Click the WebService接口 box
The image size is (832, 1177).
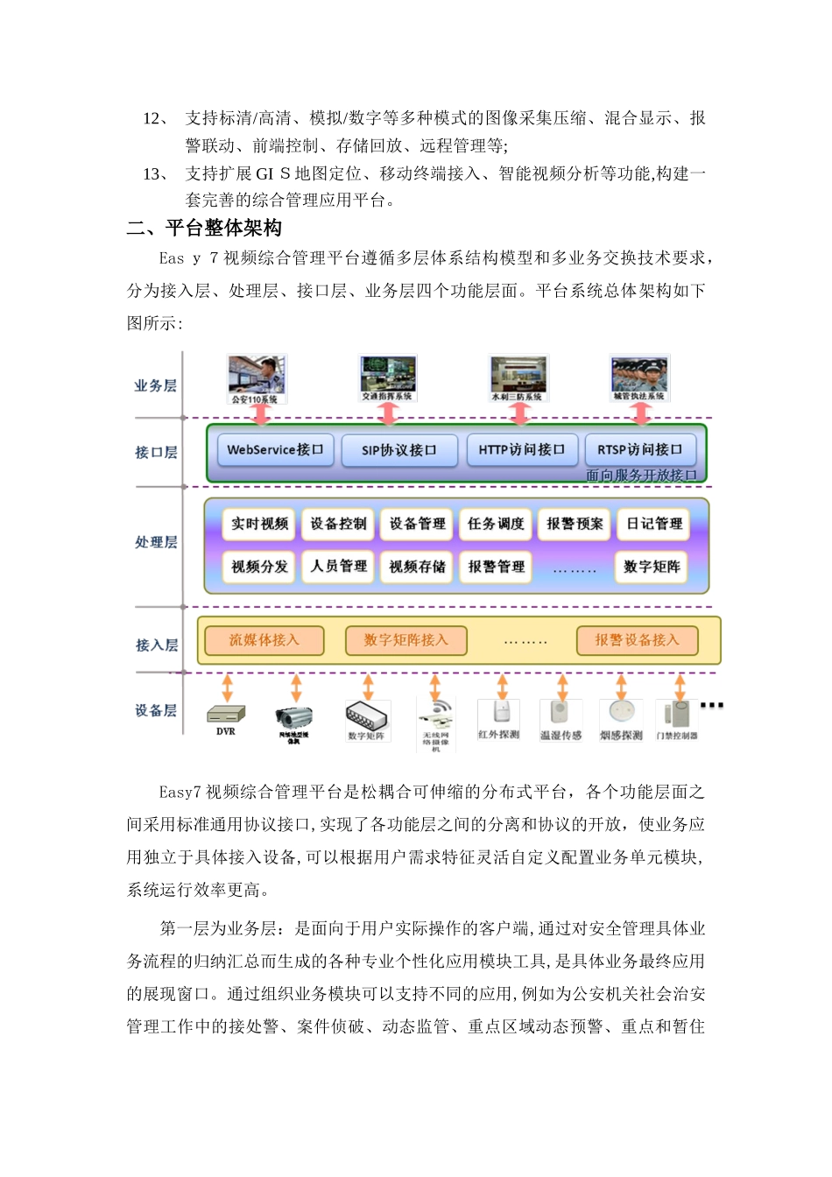pos(275,450)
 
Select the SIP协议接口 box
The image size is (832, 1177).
pos(399,450)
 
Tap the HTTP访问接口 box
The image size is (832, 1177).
pos(522,450)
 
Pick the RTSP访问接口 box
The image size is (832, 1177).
pos(640,450)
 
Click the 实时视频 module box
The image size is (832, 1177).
pos(259,524)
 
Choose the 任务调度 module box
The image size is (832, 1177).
pos(496,524)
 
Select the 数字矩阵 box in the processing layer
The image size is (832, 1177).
pos(652,567)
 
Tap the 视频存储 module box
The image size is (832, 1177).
pos(417,567)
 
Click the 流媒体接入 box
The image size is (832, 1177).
pos(264,640)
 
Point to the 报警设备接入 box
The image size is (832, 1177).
pos(638,640)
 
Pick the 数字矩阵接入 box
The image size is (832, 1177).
pos(406,640)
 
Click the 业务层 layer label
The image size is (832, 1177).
pos(155,386)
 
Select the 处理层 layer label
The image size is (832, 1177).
pos(156,543)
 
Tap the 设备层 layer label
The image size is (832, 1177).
pos(156,710)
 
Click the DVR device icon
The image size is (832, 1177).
pos(226,715)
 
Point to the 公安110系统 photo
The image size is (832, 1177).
pos(256,376)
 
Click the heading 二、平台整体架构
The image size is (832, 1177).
pos(205,229)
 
